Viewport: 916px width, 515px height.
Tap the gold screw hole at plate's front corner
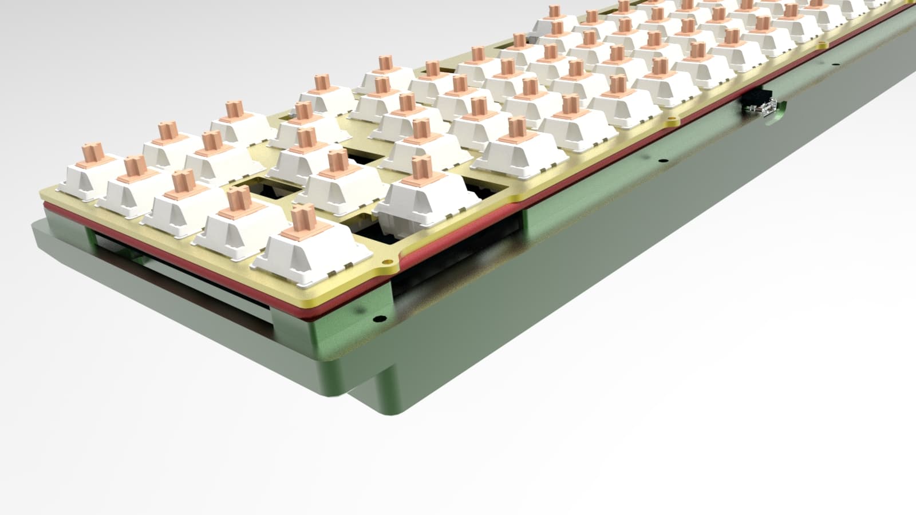(x=389, y=263)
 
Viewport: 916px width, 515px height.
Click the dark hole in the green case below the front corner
(x=377, y=316)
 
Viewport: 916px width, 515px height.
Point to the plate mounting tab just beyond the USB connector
(x=823, y=43)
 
